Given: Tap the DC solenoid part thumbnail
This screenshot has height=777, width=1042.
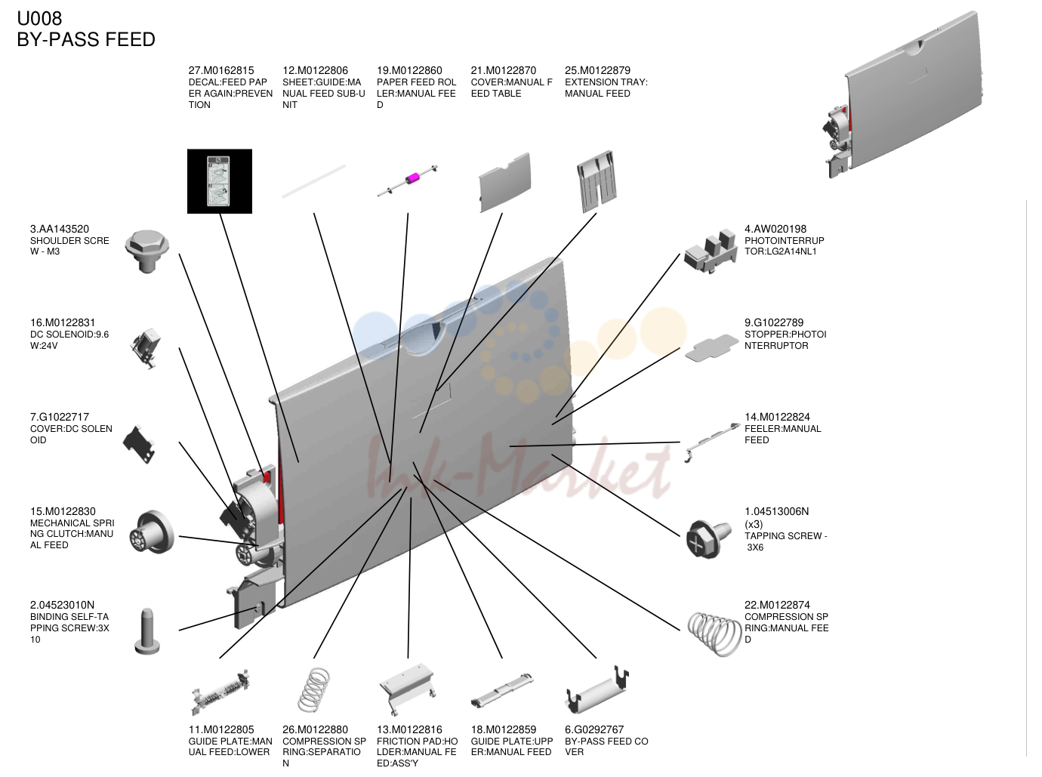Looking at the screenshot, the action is [146, 348].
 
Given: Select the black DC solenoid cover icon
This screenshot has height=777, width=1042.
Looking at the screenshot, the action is [139, 445].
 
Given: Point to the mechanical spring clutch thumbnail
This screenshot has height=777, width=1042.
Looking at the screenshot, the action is [152, 532].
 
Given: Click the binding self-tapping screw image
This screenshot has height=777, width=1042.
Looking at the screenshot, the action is [147, 631].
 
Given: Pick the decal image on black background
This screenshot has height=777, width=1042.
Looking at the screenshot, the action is [219, 181].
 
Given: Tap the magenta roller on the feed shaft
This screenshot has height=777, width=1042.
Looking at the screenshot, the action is [412, 178].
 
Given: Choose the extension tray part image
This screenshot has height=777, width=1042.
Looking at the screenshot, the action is [597, 180].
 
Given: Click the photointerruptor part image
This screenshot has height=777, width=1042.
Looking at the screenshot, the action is [711, 252].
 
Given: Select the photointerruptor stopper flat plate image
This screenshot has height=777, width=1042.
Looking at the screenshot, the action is [711, 348].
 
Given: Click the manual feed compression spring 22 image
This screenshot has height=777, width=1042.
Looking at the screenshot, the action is [714, 634].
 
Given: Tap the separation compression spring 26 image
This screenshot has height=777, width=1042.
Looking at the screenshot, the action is [314, 690].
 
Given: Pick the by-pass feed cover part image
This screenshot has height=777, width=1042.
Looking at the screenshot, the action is [597, 690].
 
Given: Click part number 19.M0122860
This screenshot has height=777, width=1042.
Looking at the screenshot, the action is [409, 70].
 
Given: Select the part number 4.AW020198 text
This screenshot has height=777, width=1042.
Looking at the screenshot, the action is [775, 229].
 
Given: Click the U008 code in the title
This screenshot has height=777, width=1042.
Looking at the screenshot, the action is [39, 19].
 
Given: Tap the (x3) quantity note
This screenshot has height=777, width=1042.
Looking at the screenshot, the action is [754, 524].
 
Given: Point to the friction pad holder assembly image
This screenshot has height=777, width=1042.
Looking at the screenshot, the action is [408, 689].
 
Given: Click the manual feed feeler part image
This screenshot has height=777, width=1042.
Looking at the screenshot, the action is [712, 442].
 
